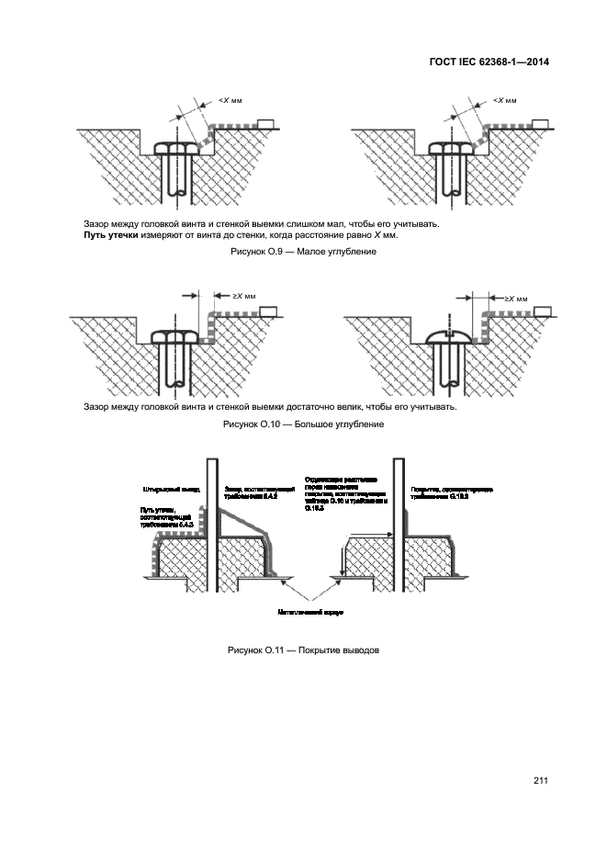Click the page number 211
[x=539, y=781]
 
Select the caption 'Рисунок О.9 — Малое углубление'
[x=303, y=251]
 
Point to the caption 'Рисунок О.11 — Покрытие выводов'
[x=303, y=650]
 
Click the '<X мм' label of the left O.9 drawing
[x=232, y=100]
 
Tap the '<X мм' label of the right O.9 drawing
[x=504, y=100]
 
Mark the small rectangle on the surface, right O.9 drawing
[x=540, y=123]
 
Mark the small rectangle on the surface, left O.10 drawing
[x=268, y=311]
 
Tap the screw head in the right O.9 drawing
[x=449, y=151]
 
